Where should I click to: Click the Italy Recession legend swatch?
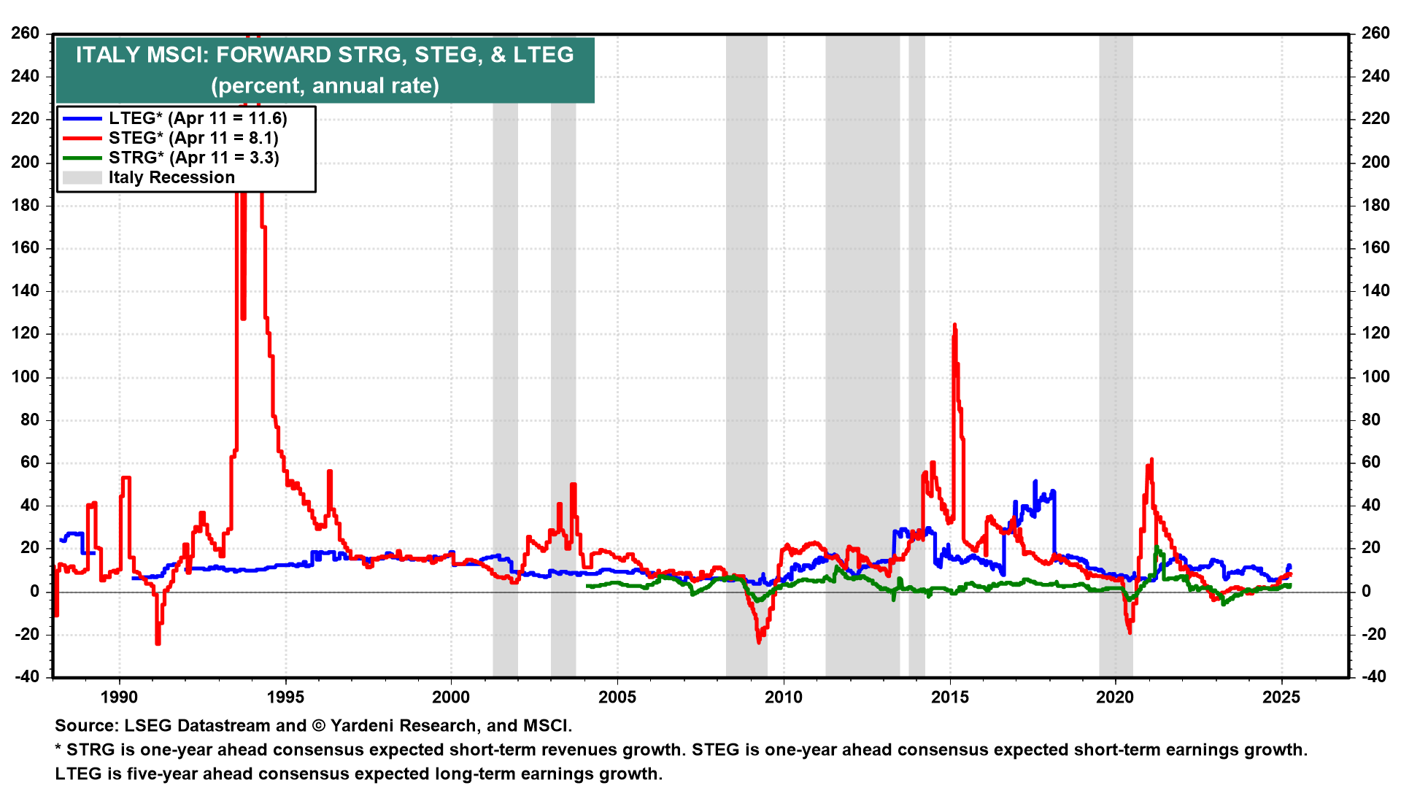point(82,178)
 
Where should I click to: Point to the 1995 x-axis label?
point(285,698)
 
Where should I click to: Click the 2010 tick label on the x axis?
point(784,698)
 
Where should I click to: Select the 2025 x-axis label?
point(1281,698)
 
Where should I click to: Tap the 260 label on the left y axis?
point(26,34)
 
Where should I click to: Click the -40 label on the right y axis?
point(1372,677)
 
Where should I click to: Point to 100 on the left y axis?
point(26,377)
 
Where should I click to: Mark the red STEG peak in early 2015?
point(954,326)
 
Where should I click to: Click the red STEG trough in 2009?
point(759,641)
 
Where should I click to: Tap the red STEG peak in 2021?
point(1151,460)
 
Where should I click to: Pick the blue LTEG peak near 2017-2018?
point(1035,482)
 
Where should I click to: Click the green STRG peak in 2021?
point(1157,547)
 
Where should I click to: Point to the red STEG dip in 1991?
point(158,643)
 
